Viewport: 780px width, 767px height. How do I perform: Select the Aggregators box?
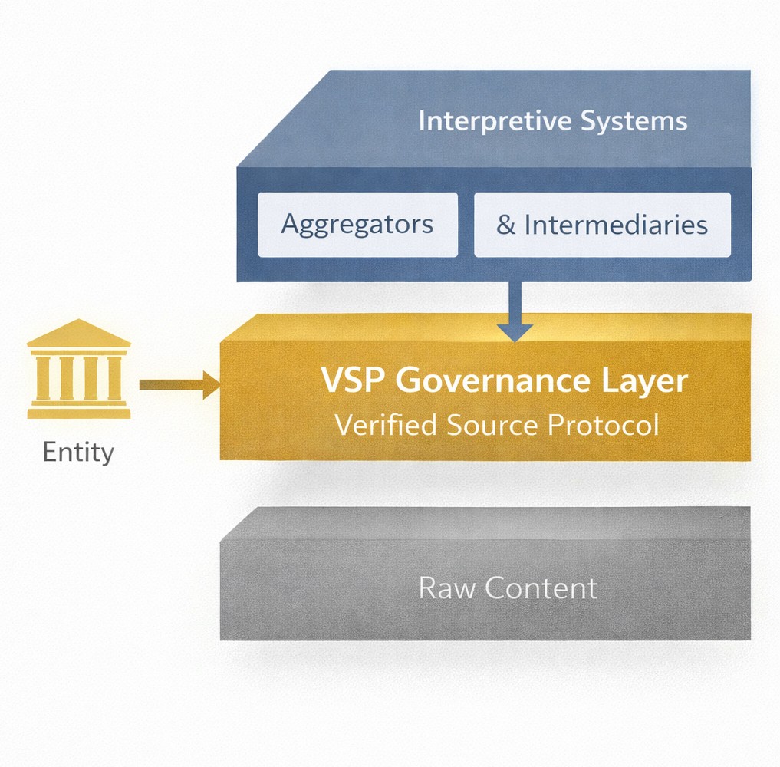pyautogui.click(x=357, y=224)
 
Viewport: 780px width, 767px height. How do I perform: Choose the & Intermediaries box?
pyautogui.click(x=602, y=224)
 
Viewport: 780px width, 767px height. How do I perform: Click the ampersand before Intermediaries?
pyautogui.click(x=505, y=225)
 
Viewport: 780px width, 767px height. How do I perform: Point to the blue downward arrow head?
pyautogui.click(x=515, y=331)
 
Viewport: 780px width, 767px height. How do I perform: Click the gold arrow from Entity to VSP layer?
pyautogui.click(x=178, y=384)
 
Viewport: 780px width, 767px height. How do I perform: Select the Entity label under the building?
pyautogui.click(x=78, y=452)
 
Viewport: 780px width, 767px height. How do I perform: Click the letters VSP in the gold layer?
pyautogui.click(x=354, y=381)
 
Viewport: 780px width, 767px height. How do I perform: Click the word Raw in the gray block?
pyautogui.click(x=448, y=588)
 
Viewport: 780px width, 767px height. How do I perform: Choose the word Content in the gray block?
pyautogui.click(x=541, y=588)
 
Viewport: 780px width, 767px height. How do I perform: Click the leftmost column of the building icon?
pyautogui.click(x=42, y=377)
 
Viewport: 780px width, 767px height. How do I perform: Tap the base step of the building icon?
pyautogui.click(x=78, y=413)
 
